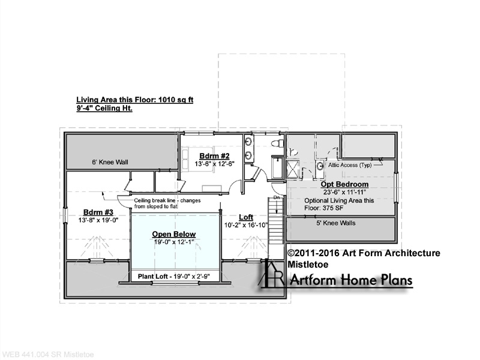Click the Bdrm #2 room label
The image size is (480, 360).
pos(214,156)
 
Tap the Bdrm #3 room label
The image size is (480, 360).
pos(98,212)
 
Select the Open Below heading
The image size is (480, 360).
pos(174,234)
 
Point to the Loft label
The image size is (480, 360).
pos(246,217)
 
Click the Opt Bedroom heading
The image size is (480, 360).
pos(344,184)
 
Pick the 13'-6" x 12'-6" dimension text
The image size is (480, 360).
pos(214,164)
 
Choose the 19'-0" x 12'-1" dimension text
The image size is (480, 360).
pos(174,242)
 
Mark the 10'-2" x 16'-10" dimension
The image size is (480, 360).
pos(246,225)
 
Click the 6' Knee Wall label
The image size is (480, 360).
pos(110,162)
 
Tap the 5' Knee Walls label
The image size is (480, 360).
pos(336,223)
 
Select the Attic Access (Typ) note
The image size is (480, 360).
pos(350,165)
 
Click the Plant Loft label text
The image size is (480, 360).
pos(173,277)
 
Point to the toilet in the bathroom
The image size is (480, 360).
pos(277,143)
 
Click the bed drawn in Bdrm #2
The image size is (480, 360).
pos(186,157)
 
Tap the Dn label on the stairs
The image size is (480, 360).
pos(277,198)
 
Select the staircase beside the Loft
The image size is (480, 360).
pos(276,220)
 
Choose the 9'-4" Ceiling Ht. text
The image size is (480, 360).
pos(104,109)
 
